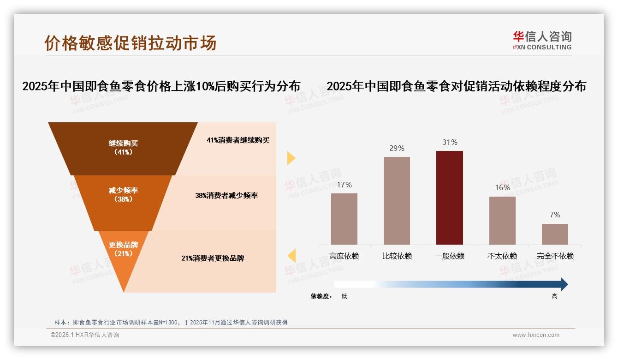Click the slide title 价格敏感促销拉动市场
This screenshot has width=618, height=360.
[x=131, y=43]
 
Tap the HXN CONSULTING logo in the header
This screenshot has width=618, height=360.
[x=542, y=41]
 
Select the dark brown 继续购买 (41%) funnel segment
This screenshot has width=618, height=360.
[x=123, y=148]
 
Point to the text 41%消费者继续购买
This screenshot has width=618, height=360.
[x=238, y=140]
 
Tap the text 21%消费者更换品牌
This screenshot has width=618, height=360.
[x=213, y=258]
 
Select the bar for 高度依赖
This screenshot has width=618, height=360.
[x=344, y=219]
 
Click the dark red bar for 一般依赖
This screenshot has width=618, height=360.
[x=450, y=198]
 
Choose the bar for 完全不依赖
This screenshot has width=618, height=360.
[x=555, y=234]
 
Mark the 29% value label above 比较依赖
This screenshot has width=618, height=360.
[x=397, y=148]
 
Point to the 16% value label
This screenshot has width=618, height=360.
[x=502, y=187]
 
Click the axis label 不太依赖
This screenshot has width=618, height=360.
[x=502, y=256]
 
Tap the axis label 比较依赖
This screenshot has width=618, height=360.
[x=397, y=256]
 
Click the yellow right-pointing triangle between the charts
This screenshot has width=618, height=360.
[x=291, y=158]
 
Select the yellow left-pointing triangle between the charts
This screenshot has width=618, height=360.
[x=291, y=255]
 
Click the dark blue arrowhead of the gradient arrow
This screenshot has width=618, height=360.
[x=564, y=284]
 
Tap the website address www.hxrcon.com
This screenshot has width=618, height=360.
[x=536, y=335]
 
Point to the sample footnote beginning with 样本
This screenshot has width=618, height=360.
[x=171, y=322]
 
